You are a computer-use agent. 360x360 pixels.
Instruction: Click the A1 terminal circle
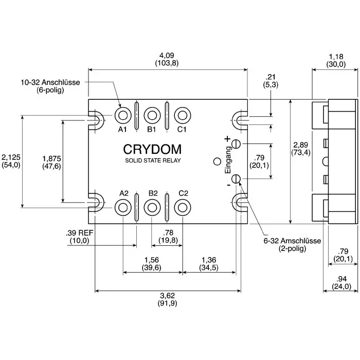pos(123,114)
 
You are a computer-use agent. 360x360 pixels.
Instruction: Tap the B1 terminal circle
pos(152,114)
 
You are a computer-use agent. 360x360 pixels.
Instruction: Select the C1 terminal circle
pos(182,114)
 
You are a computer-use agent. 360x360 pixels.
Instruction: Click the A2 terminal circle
pos(123,207)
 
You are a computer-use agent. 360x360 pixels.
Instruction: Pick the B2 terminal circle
pos(152,207)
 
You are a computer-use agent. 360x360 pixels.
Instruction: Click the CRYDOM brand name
pos(152,149)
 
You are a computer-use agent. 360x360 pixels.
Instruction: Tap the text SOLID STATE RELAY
pos(153,160)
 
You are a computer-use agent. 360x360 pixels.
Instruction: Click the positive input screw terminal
pos(236,143)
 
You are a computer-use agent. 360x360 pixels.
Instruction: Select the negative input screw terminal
pos(236,179)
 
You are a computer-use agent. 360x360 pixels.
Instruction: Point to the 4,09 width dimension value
pos(167,55)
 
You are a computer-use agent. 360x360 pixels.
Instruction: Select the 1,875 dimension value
pos(51,158)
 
